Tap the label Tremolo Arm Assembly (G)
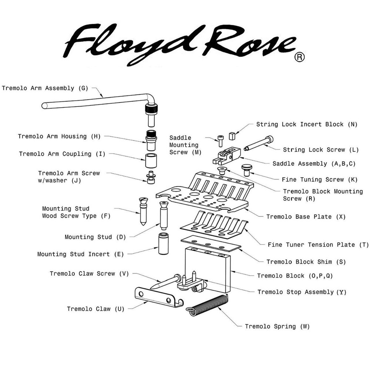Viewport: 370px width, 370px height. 45,88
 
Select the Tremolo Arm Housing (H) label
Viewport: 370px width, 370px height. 59,136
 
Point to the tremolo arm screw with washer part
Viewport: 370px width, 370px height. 150,177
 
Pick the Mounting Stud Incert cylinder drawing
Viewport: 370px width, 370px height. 164,243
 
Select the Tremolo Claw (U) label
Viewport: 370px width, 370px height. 95,309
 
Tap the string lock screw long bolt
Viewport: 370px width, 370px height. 259,144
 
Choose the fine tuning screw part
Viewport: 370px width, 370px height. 246,170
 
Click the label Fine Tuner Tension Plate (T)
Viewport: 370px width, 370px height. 318,245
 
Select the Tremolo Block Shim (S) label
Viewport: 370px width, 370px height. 306,262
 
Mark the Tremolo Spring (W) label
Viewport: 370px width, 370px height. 277,326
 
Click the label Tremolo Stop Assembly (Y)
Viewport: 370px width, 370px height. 302,292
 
